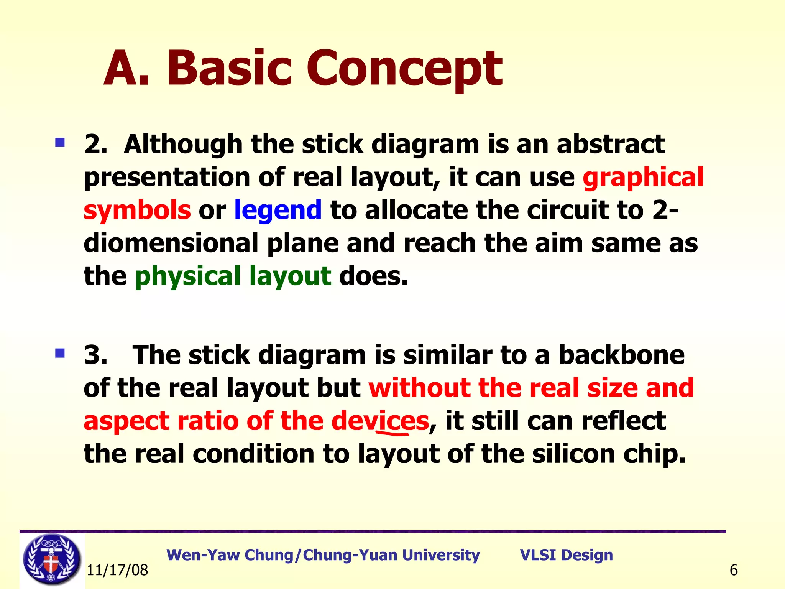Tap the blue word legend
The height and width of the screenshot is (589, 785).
(278, 210)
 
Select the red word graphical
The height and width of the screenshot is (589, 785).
(643, 177)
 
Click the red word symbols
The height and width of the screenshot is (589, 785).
(137, 210)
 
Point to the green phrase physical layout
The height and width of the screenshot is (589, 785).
(233, 276)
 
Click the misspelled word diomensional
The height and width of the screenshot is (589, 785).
(171, 243)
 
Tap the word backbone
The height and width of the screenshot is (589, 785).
(621, 355)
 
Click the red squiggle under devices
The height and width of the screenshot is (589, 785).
(393, 434)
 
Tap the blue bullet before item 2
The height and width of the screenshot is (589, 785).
(60, 143)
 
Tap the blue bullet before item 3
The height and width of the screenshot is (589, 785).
(60, 353)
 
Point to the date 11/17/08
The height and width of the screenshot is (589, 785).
(117, 570)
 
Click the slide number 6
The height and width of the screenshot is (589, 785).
(734, 570)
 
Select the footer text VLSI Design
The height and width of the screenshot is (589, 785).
(566, 555)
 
